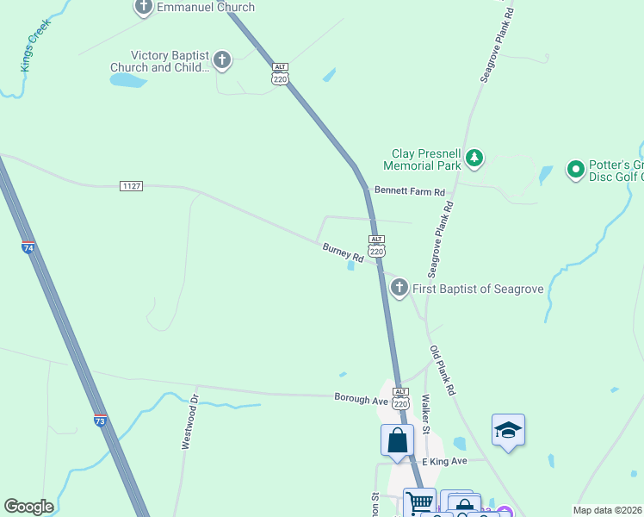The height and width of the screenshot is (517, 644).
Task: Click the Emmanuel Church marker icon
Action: [144, 7]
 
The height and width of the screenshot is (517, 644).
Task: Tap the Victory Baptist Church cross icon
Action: [222, 60]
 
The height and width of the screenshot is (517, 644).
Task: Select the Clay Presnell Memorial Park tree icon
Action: [474, 158]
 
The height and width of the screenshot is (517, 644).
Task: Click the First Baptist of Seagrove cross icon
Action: [399, 289]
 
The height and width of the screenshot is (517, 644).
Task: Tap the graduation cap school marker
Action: [508, 429]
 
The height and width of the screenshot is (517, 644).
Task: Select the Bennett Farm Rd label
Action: [409, 191]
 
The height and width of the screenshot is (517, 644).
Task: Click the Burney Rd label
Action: [344, 252]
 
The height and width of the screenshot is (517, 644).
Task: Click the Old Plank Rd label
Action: [443, 371]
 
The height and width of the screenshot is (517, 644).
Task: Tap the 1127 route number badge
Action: [131, 186]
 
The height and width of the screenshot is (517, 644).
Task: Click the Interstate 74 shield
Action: [28, 248]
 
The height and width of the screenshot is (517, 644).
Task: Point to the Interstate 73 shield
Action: [100, 421]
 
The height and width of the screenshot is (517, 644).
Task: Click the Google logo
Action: [28, 507]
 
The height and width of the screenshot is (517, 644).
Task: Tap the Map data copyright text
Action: [608, 510]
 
